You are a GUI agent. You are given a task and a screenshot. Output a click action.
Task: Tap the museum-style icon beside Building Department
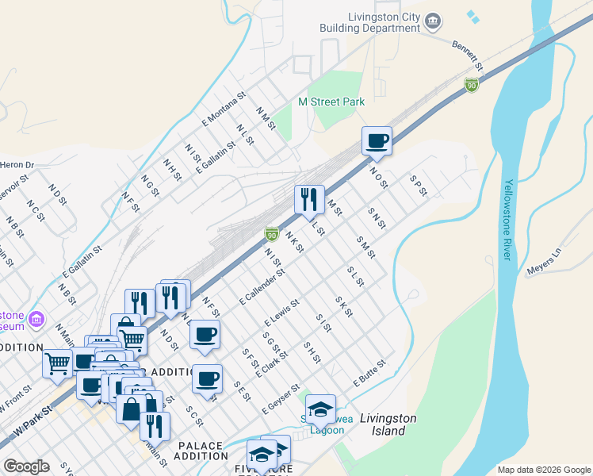[x=432, y=21]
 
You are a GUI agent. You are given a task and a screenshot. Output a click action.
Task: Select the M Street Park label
[x=331, y=102]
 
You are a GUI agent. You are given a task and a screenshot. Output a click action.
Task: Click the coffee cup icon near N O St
[x=377, y=140]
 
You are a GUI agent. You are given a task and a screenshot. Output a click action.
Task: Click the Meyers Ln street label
[x=544, y=263]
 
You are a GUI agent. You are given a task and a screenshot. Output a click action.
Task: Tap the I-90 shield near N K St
[x=272, y=233]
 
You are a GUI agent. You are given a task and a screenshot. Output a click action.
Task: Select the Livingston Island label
[x=383, y=424]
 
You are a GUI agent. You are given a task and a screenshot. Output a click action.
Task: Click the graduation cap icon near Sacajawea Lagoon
[x=320, y=409]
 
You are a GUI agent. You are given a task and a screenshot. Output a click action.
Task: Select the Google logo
[x=26, y=466]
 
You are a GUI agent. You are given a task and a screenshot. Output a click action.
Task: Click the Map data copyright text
[x=543, y=470]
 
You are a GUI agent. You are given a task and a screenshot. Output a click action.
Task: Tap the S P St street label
[x=419, y=186]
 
